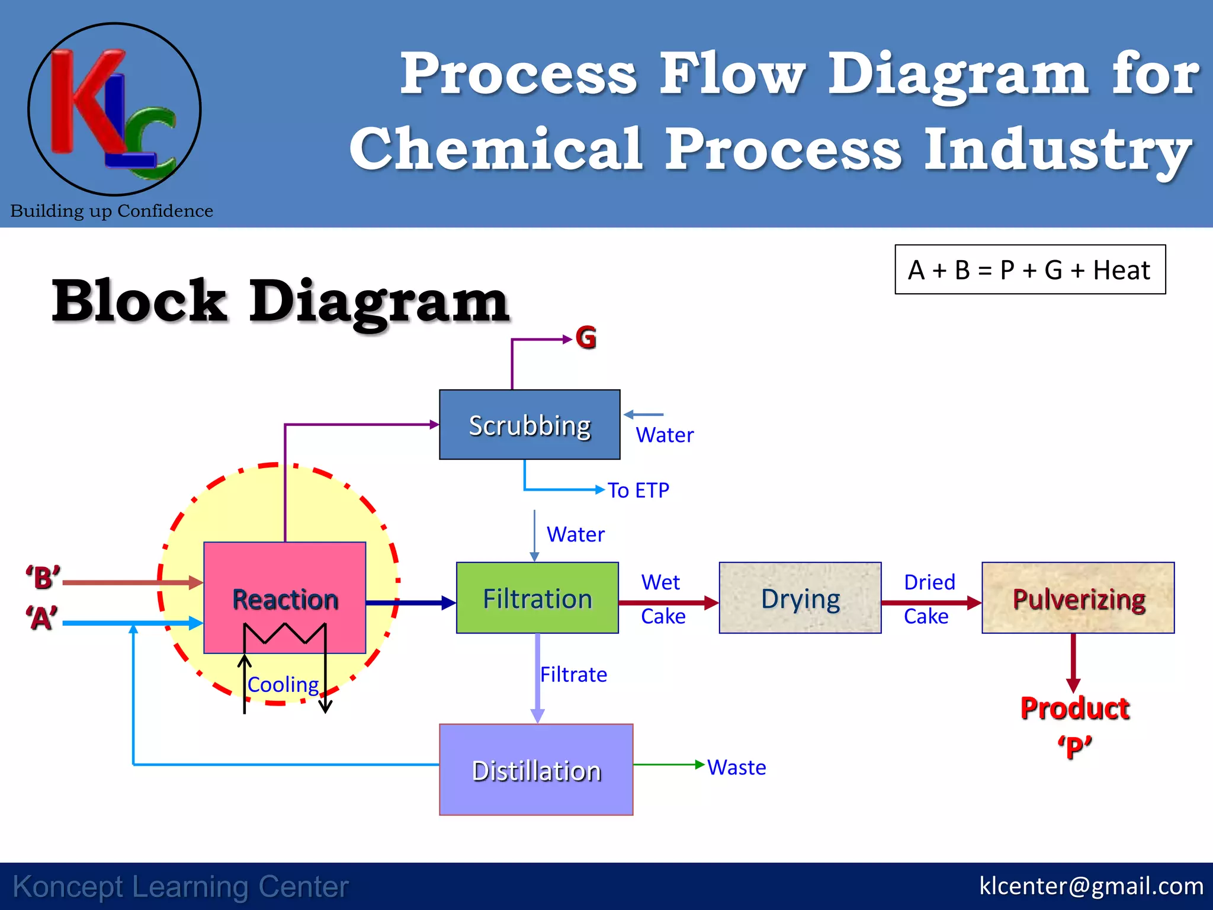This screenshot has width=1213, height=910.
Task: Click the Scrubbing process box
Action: pyautogui.click(x=530, y=425)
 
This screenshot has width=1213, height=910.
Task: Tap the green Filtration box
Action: pyautogui.click(x=537, y=598)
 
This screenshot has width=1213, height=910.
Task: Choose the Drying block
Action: pyautogui.click(x=800, y=598)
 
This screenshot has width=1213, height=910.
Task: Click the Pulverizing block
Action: pyautogui.click(x=1078, y=598)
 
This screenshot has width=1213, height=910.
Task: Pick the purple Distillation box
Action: pyautogui.click(x=536, y=770)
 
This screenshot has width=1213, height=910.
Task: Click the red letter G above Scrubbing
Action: pyautogui.click(x=586, y=338)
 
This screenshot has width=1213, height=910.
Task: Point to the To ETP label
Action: pyautogui.click(x=638, y=490)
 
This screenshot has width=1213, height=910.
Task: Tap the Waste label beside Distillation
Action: pyautogui.click(x=736, y=767)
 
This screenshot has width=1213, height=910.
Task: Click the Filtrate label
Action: pyautogui.click(x=573, y=674)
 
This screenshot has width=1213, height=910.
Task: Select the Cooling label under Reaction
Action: pyautogui.click(x=283, y=684)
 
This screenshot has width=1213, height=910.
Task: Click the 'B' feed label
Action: pyautogui.click(x=43, y=577)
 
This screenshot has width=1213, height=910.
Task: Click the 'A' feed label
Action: pyautogui.click(x=41, y=618)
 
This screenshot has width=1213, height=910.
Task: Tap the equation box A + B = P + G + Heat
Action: pyautogui.click(x=1030, y=270)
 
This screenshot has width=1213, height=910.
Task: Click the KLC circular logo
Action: pyautogui.click(x=114, y=109)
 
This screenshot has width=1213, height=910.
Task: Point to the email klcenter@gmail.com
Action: pyautogui.click(x=1091, y=886)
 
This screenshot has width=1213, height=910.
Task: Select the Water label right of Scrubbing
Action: pyautogui.click(x=665, y=435)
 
